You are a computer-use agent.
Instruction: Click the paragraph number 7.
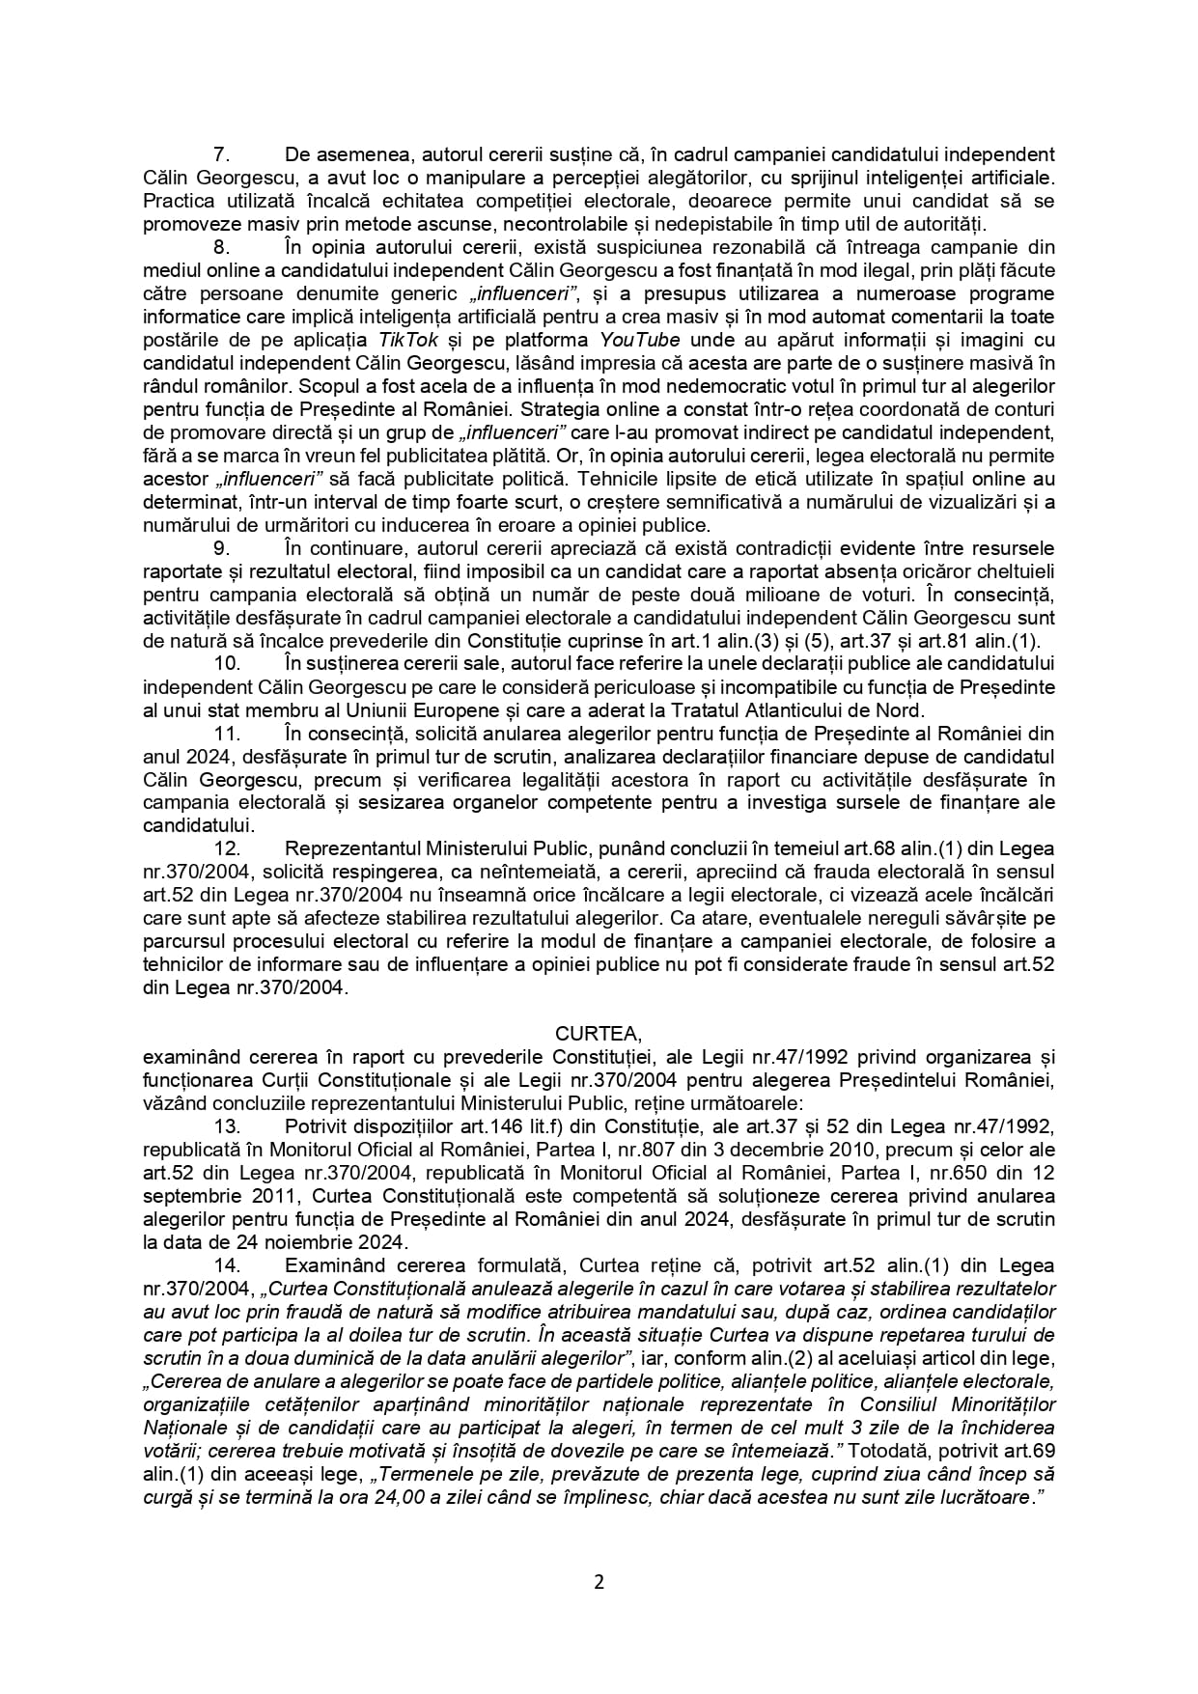pyautogui.click(x=219, y=155)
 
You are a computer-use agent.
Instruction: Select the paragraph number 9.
pyautogui.click(x=219, y=548)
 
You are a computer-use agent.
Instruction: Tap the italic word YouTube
pyautogui.click(x=640, y=340)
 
